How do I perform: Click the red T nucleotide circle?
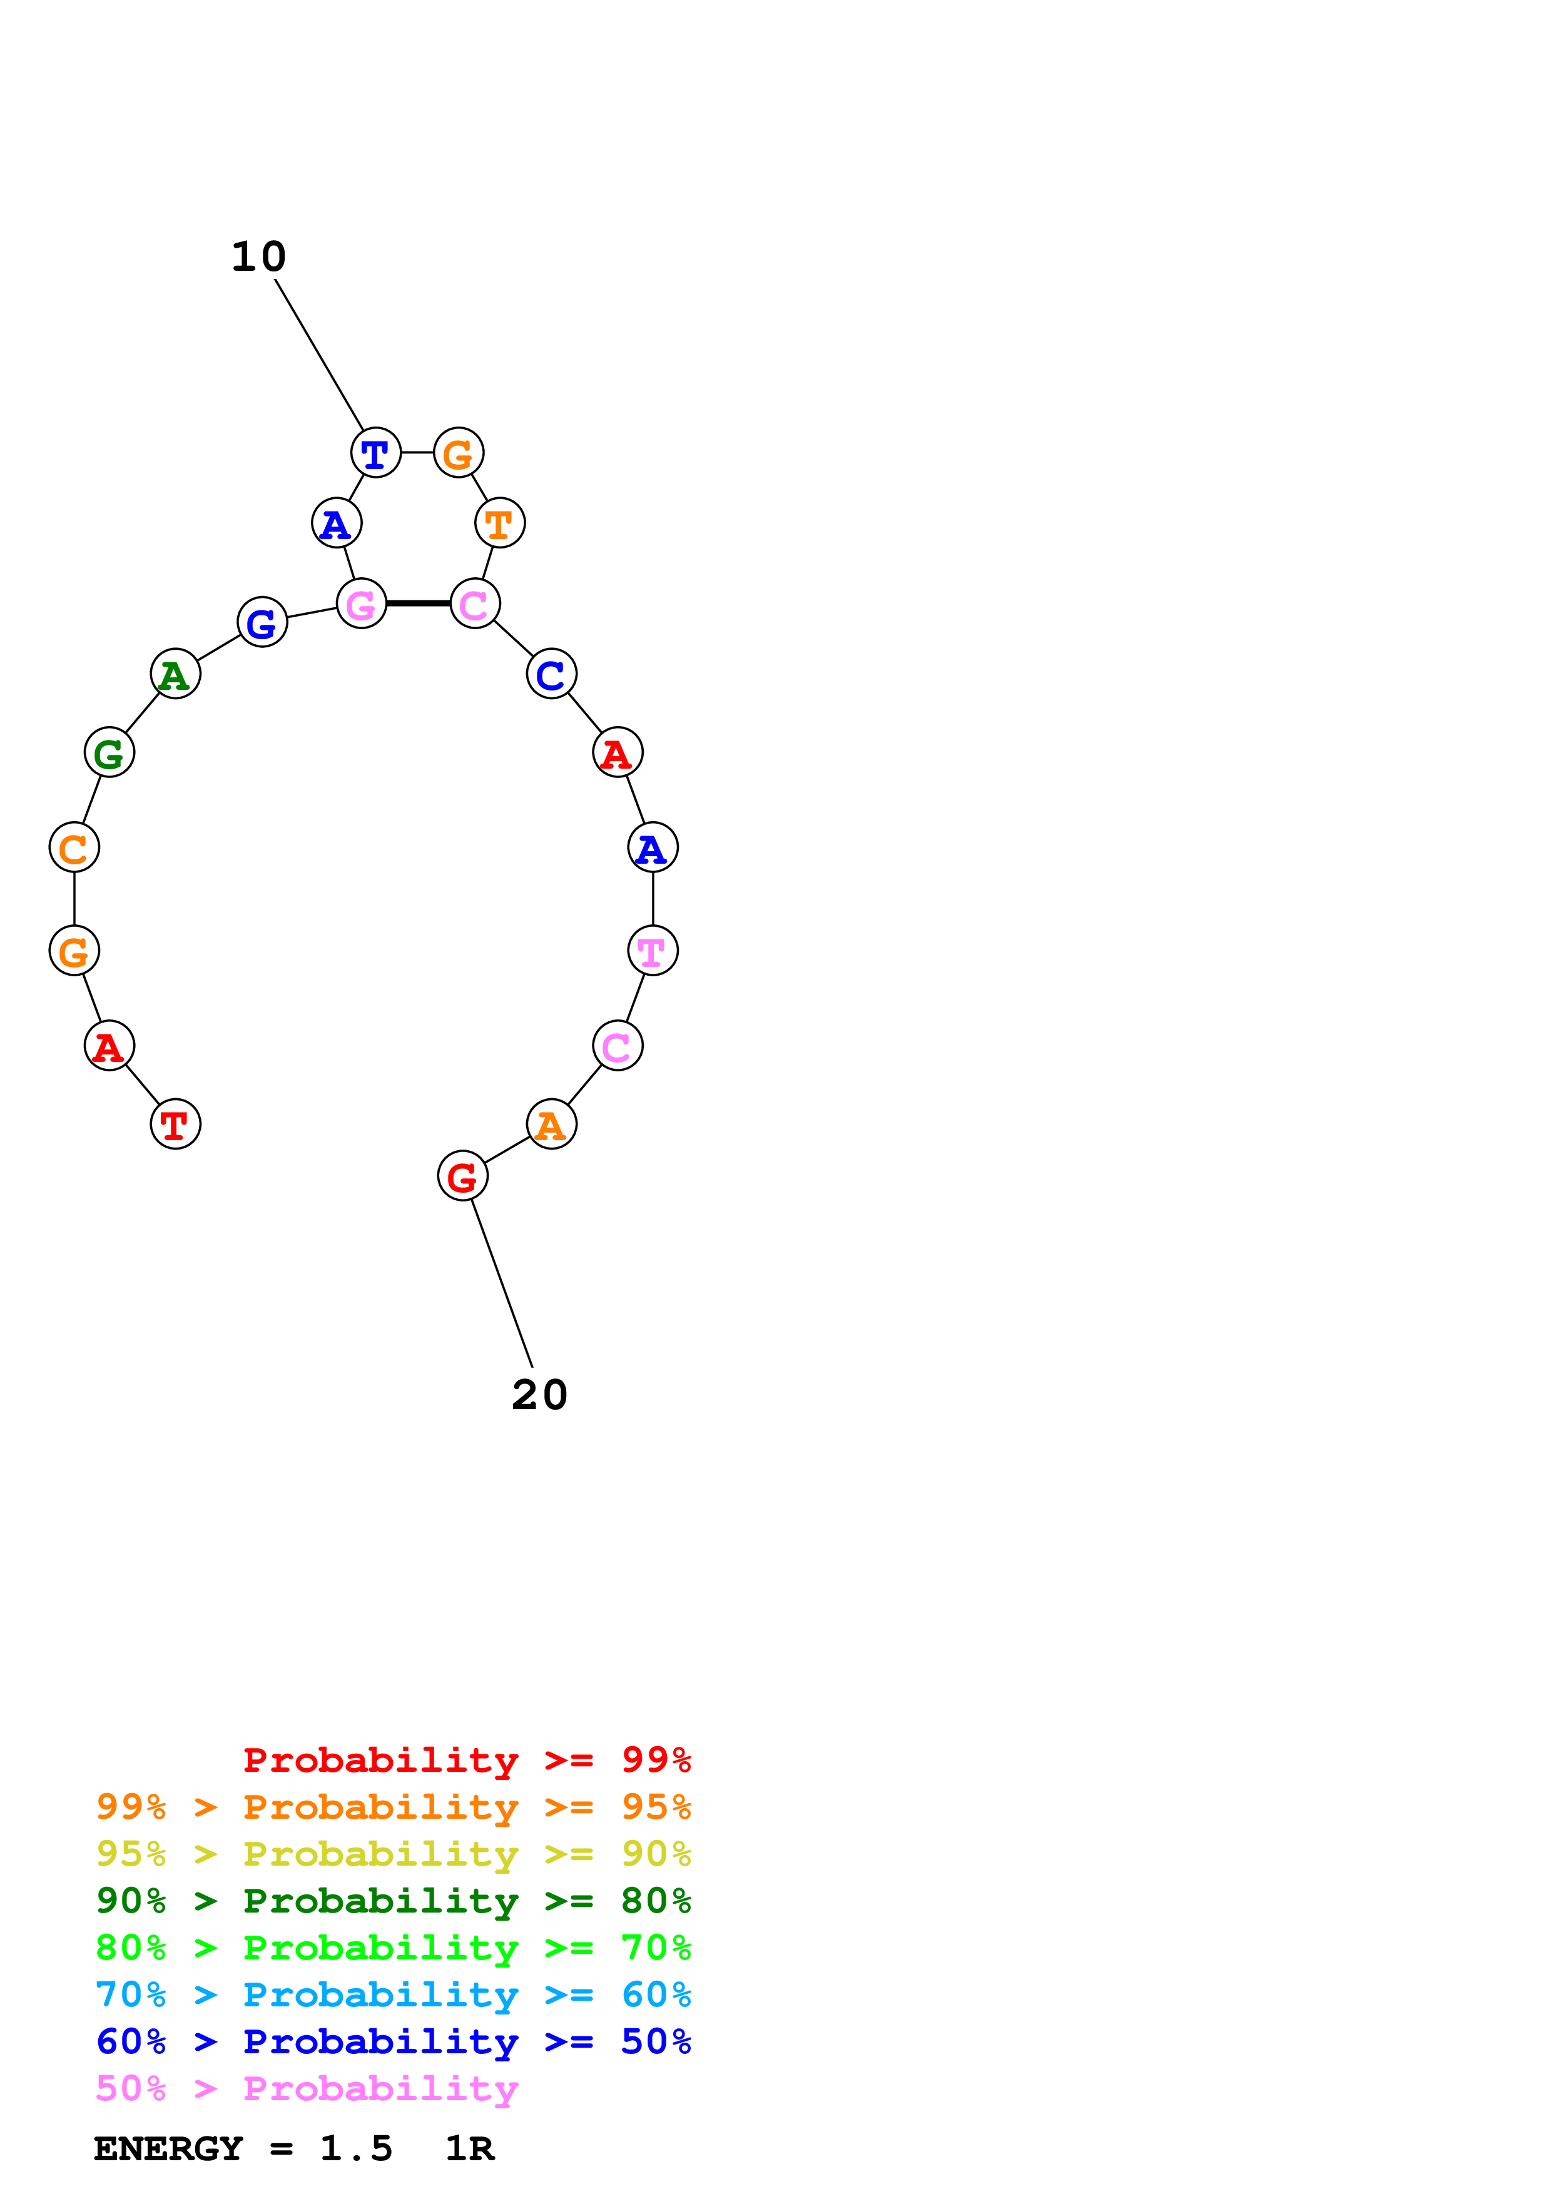175,1124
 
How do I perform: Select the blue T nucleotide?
375,453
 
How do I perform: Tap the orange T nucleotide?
500,523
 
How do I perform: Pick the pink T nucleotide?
653,951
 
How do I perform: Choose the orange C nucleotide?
74,847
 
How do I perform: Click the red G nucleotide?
462,1176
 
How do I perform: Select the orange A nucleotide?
551,1124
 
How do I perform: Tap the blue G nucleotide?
262,622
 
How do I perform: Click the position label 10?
258,256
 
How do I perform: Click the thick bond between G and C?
417,603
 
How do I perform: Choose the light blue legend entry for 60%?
393,1994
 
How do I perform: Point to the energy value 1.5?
355,2148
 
